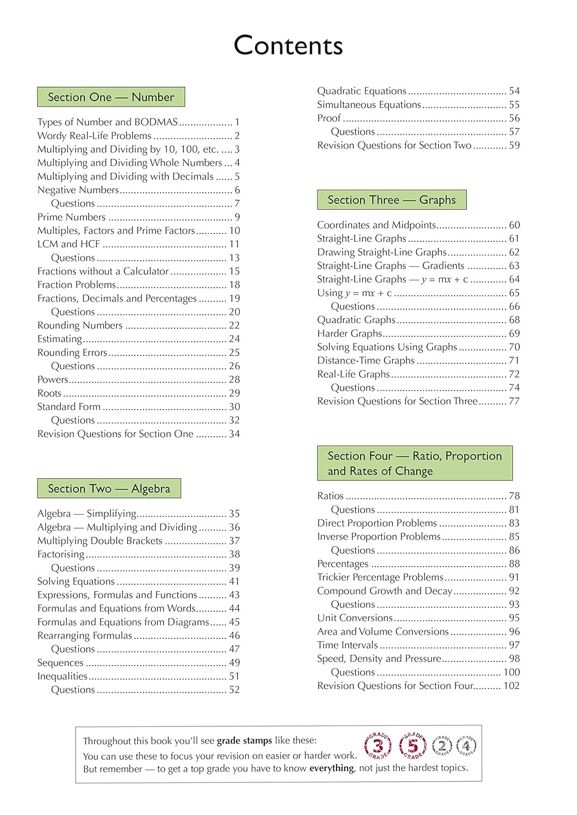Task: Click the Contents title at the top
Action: click(288, 46)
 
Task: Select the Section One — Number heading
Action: click(111, 97)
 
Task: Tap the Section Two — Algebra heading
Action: click(109, 488)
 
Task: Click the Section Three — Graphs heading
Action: click(392, 200)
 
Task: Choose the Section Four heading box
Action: click(414, 463)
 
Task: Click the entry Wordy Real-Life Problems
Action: click(95, 136)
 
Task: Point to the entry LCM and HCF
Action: click(69, 244)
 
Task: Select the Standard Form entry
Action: click(69, 406)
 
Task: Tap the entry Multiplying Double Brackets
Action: click(100, 541)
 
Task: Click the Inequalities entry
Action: click(63, 676)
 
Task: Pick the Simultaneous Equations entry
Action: click(369, 104)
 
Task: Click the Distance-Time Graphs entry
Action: click(366, 360)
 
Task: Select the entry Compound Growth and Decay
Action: click(384, 591)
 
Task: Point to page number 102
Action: click(511, 686)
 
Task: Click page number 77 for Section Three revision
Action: click(514, 401)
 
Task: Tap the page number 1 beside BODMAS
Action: click(237, 122)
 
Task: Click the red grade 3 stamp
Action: click(378, 745)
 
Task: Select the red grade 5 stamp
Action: click(413, 745)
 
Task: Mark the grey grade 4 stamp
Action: click(466, 745)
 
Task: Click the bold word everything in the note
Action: click(332, 768)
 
